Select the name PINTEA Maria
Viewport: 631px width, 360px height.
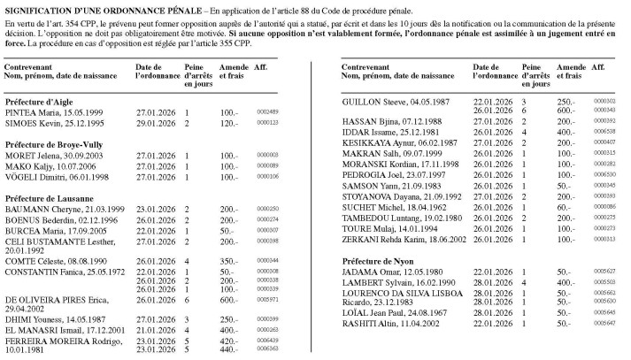(30, 112)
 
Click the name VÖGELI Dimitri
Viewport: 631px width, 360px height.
(30, 176)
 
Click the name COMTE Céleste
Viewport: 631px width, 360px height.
(29, 261)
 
